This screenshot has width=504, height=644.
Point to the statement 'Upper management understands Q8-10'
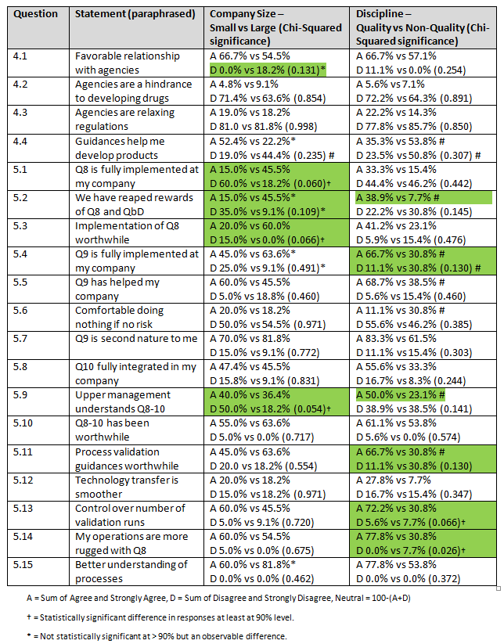click(x=122, y=402)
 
